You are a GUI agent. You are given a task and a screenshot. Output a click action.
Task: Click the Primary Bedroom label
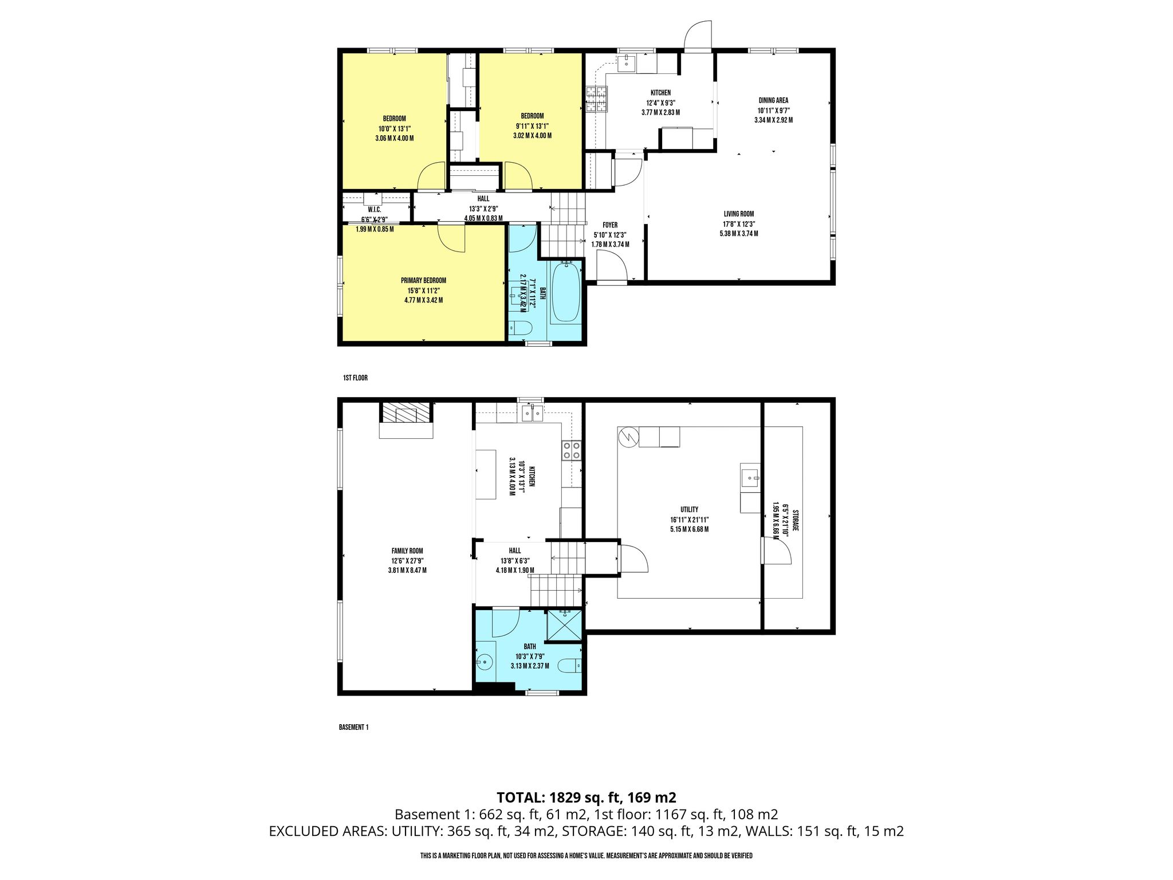pyautogui.click(x=423, y=281)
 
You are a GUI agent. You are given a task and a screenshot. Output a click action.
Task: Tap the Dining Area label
pyautogui.click(x=773, y=101)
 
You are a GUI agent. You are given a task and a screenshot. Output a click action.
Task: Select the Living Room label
pyautogui.click(x=739, y=214)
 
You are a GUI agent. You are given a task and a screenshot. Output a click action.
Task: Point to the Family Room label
pyautogui.click(x=407, y=551)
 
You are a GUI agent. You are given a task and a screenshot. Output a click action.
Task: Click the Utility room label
pyautogui.click(x=689, y=510)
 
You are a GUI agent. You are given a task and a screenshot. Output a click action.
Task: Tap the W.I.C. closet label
pyautogui.click(x=375, y=210)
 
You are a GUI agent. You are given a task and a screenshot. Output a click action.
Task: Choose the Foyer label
pyautogui.click(x=610, y=225)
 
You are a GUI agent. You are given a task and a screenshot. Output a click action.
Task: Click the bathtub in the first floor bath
pyautogui.click(x=565, y=292)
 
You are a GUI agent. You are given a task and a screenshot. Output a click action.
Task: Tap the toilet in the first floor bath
pyautogui.click(x=521, y=328)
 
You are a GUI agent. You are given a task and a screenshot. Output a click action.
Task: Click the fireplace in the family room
pyautogui.click(x=406, y=420)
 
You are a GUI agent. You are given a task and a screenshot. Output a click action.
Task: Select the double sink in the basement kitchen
pyautogui.click(x=533, y=412)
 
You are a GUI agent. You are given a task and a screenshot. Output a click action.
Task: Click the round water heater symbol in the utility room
pyautogui.click(x=628, y=437)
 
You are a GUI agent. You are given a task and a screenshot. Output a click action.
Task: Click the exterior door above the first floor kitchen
pyautogui.click(x=698, y=36)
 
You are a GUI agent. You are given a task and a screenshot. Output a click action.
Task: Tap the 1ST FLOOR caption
pyautogui.click(x=355, y=378)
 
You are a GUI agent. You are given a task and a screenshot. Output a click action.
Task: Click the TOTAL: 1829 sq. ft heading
pyautogui.click(x=586, y=797)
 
